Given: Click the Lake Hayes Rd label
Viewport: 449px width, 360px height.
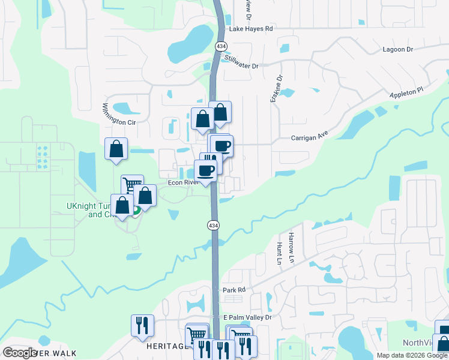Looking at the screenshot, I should pos(250,28).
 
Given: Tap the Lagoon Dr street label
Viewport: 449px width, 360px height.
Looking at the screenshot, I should pos(397,50).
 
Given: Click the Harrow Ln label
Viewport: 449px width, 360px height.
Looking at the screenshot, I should pos(292,242).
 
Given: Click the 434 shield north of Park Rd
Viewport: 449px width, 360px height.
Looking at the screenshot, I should pos(214,225).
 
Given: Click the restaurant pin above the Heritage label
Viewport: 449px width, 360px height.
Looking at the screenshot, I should pos(142,325).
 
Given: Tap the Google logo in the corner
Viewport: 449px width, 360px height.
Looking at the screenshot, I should pos(20,353).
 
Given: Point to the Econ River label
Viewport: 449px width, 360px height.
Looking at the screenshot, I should pos(182,182).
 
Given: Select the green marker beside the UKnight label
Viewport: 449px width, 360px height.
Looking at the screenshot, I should pos(136,211).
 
